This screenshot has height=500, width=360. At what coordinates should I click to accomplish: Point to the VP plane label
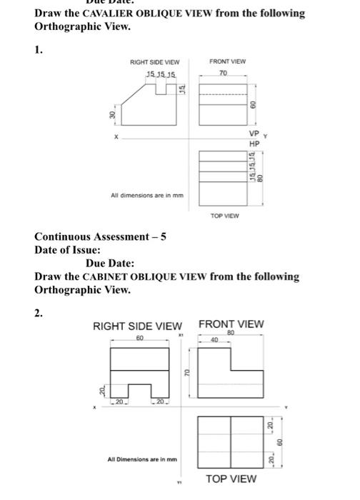click(254, 134)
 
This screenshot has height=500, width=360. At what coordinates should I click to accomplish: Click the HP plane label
click(254, 143)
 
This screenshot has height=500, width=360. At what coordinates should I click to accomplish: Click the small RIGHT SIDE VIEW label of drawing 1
click(154, 62)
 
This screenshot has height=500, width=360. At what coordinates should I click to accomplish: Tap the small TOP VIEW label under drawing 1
click(224, 214)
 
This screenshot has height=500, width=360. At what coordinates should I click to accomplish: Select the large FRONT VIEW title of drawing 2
click(231, 324)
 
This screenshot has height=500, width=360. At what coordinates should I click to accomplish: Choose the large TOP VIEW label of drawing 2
click(231, 478)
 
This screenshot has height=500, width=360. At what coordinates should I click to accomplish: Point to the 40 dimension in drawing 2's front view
click(214, 340)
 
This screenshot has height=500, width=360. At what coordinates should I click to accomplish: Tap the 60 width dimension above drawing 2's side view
click(140, 336)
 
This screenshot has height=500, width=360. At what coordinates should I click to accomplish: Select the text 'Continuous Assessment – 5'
click(100, 238)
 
